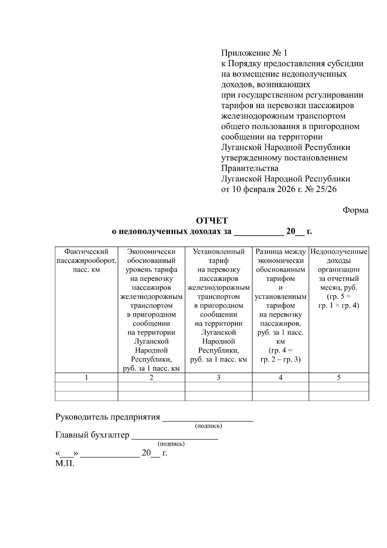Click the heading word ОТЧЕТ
click(212, 221)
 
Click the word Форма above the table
click(355, 210)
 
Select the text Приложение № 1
click(254, 53)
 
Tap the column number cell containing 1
click(86, 377)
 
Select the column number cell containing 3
click(218, 377)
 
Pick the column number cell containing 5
click(339, 377)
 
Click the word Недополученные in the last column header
click(339, 252)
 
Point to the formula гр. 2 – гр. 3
click(280, 359)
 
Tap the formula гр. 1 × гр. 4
click(339, 305)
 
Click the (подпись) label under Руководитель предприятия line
click(209, 426)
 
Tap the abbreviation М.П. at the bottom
click(65, 464)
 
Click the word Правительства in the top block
click(250, 168)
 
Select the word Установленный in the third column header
click(218, 252)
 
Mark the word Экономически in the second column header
click(151, 252)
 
